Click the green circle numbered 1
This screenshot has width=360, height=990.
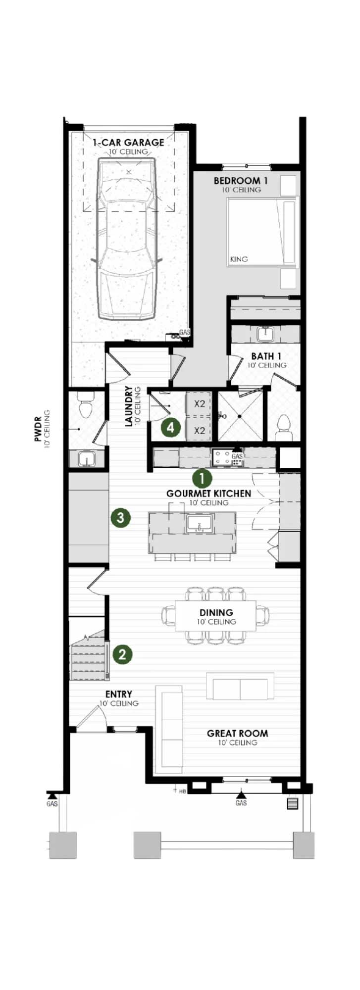pos(202,478)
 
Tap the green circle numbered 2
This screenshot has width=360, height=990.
pos(122,654)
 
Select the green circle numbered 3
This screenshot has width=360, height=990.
pos(121,518)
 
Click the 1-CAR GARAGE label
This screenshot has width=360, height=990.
pos(129,143)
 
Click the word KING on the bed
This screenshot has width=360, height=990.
pos(239,259)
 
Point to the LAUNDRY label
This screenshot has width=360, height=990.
pos(129,406)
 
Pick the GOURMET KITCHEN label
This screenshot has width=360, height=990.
pos(208,494)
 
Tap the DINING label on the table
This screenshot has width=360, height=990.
pos(216,612)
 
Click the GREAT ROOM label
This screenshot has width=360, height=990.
pos(237,733)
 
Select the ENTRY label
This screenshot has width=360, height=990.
pos(119,694)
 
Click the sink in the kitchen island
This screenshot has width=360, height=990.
pos(199,524)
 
